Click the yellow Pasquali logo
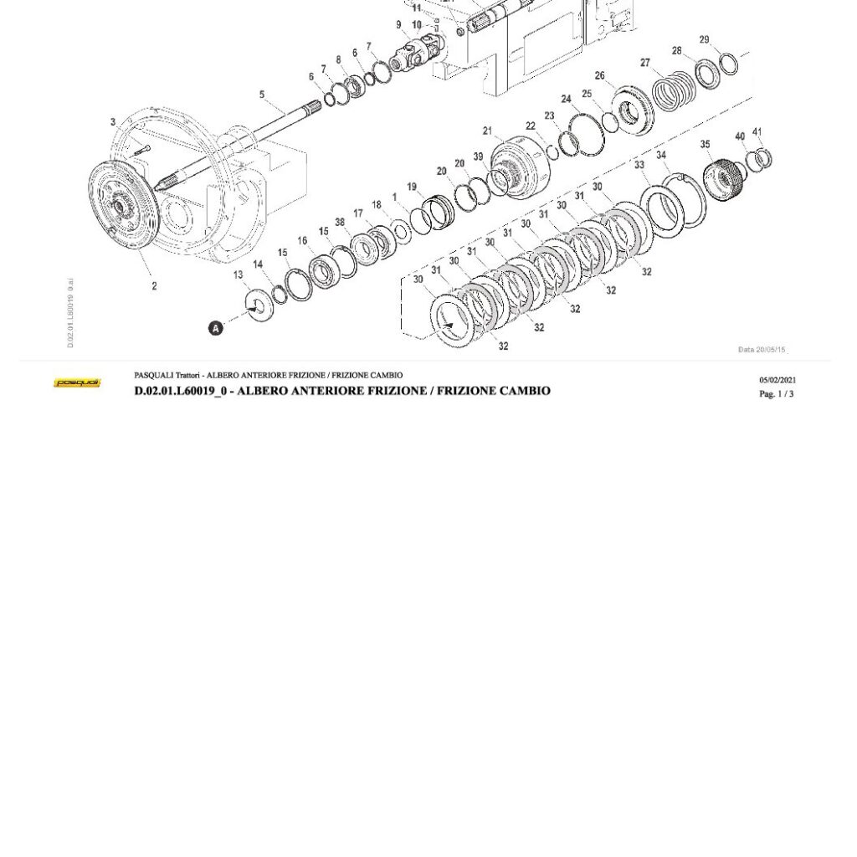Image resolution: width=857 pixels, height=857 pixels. tap(77, 383)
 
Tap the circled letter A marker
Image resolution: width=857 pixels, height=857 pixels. tap(216, 328)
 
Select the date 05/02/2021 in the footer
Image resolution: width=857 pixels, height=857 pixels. tap(777, 380)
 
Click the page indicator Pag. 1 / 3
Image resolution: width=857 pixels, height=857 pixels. tap(776, 394)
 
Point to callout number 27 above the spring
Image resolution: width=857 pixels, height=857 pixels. tap(645, 63)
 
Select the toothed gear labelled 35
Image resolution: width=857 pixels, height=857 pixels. tap(720, 177)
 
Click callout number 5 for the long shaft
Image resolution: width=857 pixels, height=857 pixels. tap(262, 95)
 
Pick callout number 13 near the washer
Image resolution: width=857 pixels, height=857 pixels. tap(239, 275)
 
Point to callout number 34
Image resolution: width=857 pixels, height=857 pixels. tap(661, 156)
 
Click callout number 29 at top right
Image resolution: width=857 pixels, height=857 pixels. tap(704, 40)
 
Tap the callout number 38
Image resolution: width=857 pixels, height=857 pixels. tap(340, 223)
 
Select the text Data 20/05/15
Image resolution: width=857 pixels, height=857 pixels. tap(762, 350)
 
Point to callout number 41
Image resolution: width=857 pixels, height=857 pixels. tap(757, 132)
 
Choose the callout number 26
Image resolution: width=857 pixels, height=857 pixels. tap(599, 76)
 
